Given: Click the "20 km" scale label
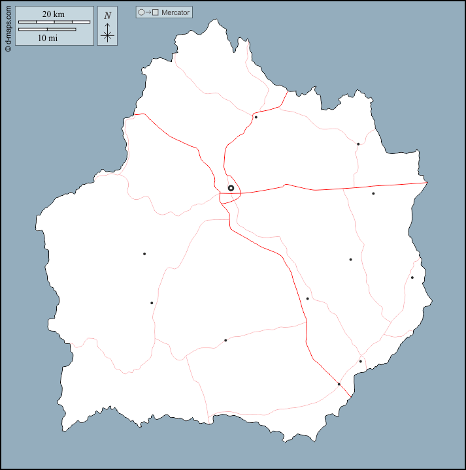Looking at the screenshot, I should (x=54, y=14).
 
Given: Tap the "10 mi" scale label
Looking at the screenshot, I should (x=47, y=38).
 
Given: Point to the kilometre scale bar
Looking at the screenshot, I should (x=54, y=22).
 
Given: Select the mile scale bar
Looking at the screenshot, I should (x=47, y=29).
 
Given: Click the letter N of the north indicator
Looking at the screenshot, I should (x=108, y=16).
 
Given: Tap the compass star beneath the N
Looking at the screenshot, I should (x=108, y=35).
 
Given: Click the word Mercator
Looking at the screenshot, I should (x=175, y=12).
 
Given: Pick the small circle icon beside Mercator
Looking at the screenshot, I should (x=141, y=12).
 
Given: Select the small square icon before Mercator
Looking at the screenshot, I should (x=156, y=12).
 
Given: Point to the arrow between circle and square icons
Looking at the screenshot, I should (x=148, y=12).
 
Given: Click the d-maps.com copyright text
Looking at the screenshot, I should (x=8, y=26).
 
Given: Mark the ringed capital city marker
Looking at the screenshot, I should (x=231, y=188).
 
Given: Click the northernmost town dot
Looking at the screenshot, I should (x=256, y=117).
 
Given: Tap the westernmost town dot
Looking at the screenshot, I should (x=144, y=254).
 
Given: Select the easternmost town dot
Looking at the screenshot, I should (x=412, y=277).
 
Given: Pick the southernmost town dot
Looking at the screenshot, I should (x=339, y=384).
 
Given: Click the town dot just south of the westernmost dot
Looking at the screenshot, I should (x=152, y=303).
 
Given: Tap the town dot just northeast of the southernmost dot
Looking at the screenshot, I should (x=360, y=362).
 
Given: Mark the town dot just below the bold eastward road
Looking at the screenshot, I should (x=373, y=194).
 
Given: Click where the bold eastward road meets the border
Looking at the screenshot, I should (x=426, y=183).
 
